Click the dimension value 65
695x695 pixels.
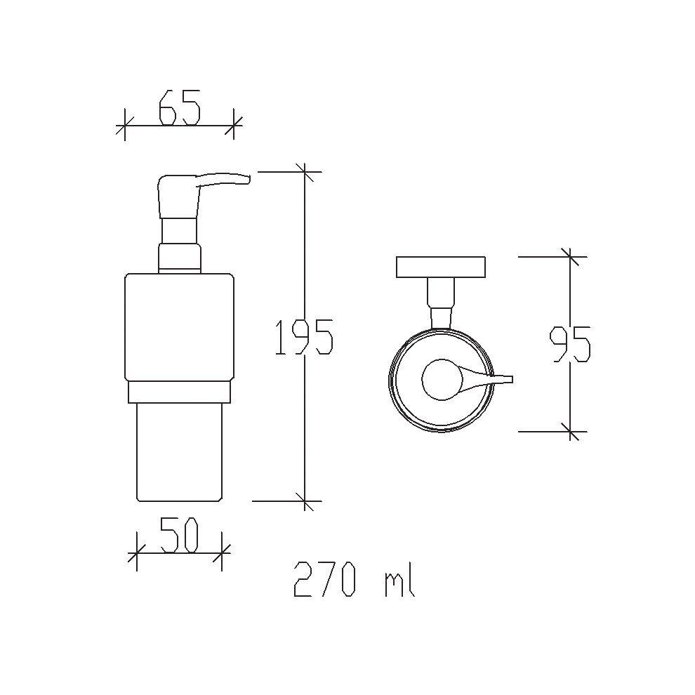[x=180, y=107]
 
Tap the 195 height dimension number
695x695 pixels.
[x=304, y=337]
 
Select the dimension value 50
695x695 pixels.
[x=180, y=536]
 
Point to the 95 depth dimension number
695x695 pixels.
[x=570, y=344]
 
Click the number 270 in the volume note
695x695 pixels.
[x=325, y=579]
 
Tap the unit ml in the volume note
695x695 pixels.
[x=399, y=579]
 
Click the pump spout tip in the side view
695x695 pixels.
[x=249, y=179]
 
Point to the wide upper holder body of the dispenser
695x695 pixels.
[x=179, y=328]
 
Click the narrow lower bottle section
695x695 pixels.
[x=179, y=452]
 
